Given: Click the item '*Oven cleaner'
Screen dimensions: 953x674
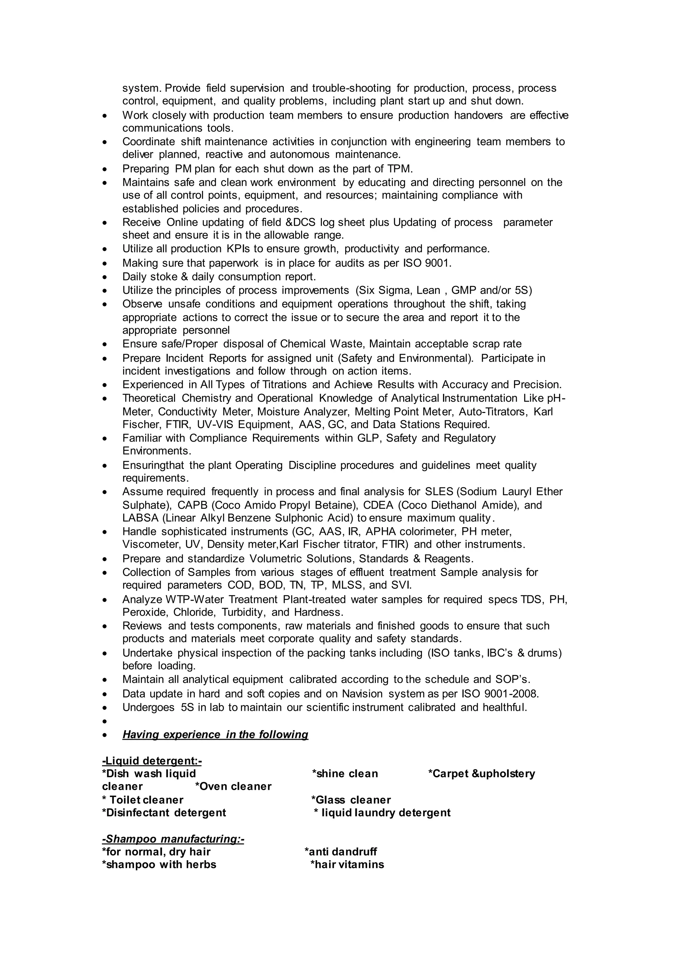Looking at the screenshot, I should (x=233, y=786).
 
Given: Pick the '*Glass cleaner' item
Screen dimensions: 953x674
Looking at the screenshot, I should (x=351, y=800).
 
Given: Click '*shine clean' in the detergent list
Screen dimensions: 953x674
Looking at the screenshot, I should (x=345, y=774).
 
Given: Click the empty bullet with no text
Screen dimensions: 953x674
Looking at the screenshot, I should (x=105, y=721).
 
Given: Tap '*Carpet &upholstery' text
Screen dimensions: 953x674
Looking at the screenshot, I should (x=481, y=774).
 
